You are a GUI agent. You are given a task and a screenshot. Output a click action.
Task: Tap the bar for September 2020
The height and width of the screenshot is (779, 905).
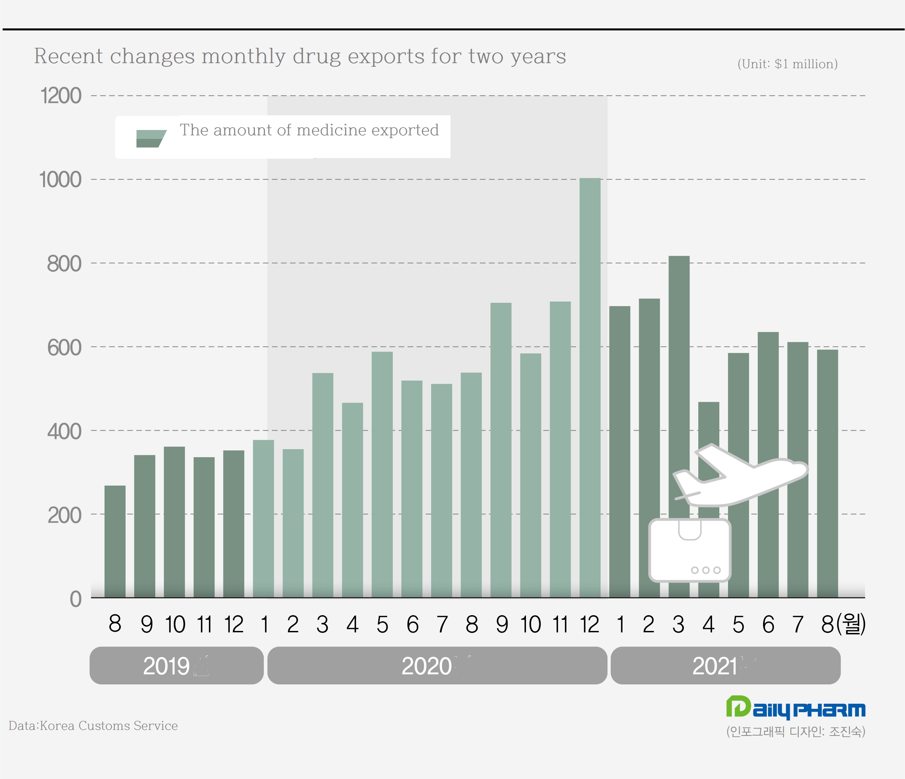(x=501, y=450)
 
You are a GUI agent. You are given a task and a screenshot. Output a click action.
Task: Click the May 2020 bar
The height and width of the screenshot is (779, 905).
(x=382, y=474)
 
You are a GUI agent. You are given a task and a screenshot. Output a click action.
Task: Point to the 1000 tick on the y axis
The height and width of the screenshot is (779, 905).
(x=60, y=180)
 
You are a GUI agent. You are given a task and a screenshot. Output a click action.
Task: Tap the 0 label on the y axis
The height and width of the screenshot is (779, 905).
(x=75, y=599)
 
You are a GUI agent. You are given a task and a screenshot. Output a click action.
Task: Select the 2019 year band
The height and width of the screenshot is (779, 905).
(x=176, y=666)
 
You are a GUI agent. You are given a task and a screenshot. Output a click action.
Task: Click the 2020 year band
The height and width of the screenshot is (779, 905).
(x=437, y=666)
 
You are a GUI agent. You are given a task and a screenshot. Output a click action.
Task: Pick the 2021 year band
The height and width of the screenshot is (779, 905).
(x=725, y=666)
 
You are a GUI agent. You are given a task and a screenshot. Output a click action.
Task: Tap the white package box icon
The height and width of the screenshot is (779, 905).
(x=690, y=551)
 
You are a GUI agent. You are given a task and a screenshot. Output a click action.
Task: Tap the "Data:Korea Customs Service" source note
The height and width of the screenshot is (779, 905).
(x=93, y=726)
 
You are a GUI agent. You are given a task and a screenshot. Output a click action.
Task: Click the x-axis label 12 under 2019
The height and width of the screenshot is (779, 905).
(x=234, y=624)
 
